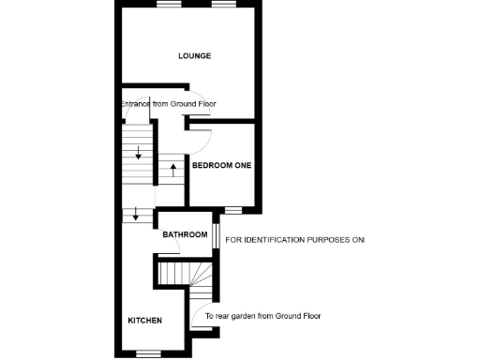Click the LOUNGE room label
pos(195,56)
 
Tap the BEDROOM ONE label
pos(221,165)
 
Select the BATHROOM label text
pos(185,234)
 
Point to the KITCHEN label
pos(144,321)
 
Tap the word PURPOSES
pos(328,241)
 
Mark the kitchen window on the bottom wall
pos(148,353)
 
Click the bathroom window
pos(216,234)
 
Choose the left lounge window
pos(169,5)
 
